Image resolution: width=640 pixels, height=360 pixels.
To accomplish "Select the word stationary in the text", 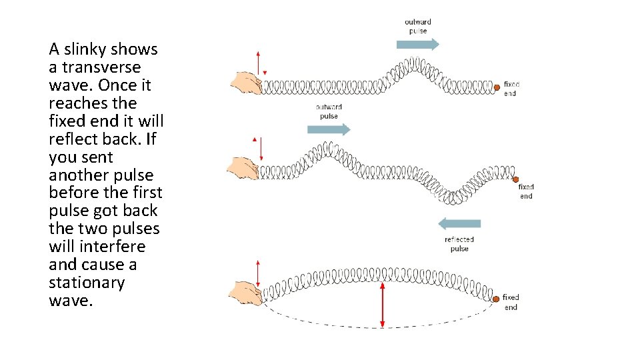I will coord(87,283).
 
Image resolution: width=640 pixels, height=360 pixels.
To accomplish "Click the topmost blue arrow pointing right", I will coord(417,45).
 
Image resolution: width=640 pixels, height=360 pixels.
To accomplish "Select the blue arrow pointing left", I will coord(459,224).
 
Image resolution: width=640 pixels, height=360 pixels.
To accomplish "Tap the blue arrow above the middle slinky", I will coord(328,129).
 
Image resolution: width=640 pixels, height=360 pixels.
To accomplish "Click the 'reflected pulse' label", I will coord(459,244).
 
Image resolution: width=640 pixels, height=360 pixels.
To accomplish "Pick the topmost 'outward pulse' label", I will coord(417,26).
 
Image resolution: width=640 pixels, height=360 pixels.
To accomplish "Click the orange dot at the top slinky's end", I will coord(497,87).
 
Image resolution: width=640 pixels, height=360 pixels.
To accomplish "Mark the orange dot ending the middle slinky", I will coord(515,179).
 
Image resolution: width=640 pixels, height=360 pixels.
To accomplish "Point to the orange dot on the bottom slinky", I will coord(495,300).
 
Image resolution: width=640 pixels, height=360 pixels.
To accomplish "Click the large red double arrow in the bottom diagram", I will coord(382,304).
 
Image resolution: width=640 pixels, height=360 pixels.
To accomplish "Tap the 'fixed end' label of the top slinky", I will coord(511,89).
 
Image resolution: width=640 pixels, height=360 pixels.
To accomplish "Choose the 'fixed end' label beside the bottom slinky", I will coord(511,302).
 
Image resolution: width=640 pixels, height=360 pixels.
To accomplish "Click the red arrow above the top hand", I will coord(258,63).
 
